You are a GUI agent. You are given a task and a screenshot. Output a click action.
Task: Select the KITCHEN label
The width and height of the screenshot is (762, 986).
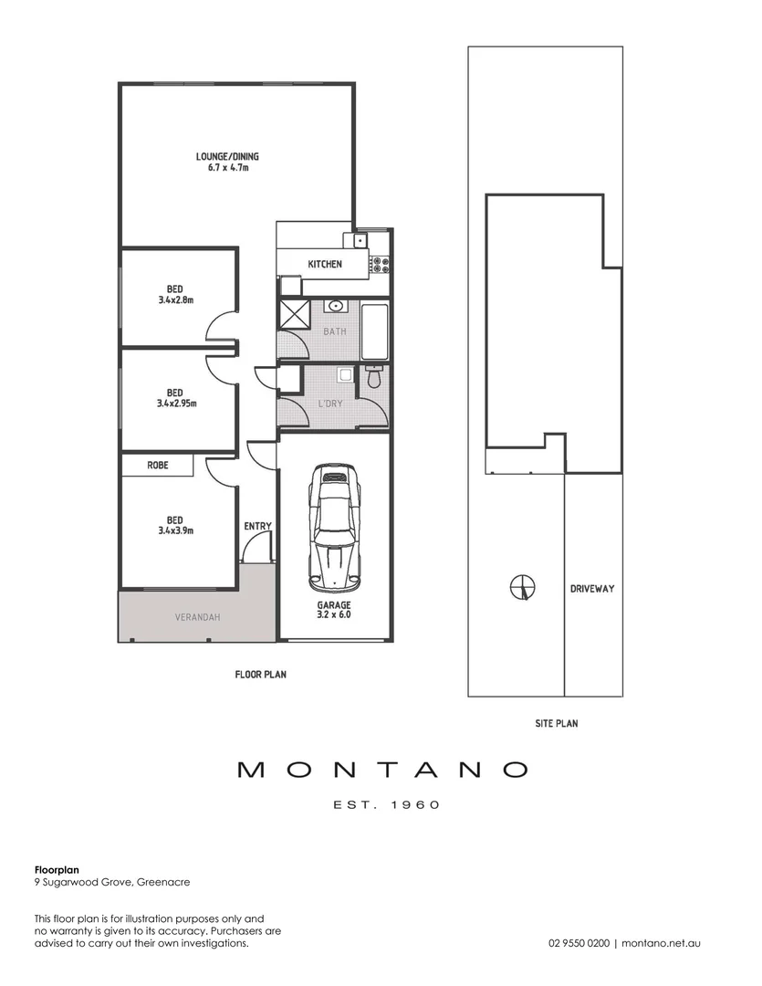coord(324,264)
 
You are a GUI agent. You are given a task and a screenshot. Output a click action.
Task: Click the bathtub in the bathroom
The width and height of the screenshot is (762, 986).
coord(375,331)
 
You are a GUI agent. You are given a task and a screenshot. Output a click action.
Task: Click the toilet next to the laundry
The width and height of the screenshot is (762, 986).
coord(372,376)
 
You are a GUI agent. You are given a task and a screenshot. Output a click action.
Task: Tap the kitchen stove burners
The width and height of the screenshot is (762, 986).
coord(378,265)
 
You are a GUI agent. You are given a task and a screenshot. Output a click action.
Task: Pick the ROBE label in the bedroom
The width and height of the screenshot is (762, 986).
coord(158,465)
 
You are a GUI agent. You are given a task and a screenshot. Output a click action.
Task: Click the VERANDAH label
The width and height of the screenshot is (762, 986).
coord(197,617)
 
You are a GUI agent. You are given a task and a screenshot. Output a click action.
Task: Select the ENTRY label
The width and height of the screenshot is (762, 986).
coord(257,526)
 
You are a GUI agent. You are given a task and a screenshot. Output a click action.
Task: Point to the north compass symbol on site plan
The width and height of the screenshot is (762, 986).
coord(521,586)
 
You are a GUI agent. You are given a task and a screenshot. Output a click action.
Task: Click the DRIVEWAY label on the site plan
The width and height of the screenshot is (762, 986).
coord(591,589)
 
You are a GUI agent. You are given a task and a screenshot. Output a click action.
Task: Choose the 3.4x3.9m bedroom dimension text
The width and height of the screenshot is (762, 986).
coord(174,530)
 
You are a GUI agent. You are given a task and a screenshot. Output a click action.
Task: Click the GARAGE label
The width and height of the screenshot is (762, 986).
coord(334,604)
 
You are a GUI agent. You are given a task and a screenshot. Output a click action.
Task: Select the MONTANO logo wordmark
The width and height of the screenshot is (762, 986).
coord(382,770)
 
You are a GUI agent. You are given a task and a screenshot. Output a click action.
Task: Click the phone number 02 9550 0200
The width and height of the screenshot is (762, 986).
coord(579,943)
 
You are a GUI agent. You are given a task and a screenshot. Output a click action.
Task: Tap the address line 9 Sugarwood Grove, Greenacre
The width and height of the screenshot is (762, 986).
coord(112,882)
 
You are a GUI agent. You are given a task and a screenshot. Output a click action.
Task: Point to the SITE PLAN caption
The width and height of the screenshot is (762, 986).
coord(556,723)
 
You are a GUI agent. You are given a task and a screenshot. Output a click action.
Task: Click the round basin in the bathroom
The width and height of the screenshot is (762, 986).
coord(335,307)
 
